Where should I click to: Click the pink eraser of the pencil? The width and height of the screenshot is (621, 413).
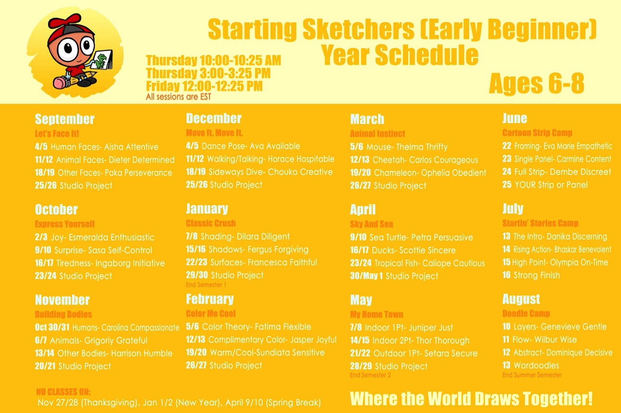tap(60, 83)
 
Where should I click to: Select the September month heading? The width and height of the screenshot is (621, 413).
tap(64, 119)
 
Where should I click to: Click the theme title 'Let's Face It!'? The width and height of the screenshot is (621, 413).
tap(57, 134)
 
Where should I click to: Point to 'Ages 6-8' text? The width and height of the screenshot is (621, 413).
tap(536, 84)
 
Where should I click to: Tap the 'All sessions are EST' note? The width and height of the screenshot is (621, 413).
tap(179, 97)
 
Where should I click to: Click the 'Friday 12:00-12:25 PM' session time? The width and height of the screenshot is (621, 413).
tap(204, 86)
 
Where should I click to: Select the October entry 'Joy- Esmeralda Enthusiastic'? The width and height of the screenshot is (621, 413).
tap(103, 237)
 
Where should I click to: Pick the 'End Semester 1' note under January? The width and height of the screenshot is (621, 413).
tap(206, 285)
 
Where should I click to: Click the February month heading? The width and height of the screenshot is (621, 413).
tap(210, 299)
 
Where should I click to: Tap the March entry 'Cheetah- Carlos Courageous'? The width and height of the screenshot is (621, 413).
tap(425, 159)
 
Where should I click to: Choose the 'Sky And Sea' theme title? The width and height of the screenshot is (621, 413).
tap(371, 224)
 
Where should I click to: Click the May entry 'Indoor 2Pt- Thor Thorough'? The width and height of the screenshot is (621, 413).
tap(421, 340)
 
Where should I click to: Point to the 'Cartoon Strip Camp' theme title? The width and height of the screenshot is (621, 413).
tap(537, 133)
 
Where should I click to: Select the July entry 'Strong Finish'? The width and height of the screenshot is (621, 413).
tap(537, 275)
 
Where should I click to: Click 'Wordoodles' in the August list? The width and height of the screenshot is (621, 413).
tap(536, 365)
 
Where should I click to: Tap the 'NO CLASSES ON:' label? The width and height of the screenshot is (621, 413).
tap(63, 392)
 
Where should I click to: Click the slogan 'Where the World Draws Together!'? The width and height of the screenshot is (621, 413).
tap(471, 399)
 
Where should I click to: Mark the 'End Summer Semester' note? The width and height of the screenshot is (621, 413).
tap(532, 375)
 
